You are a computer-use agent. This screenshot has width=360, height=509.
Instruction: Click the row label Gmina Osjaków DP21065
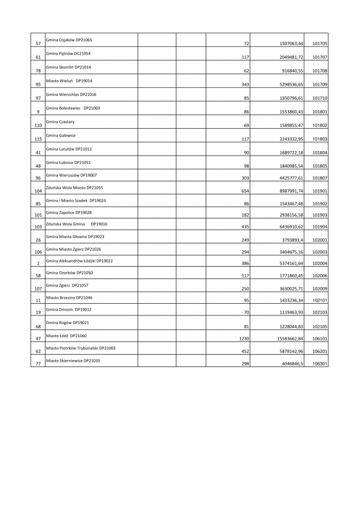[69, 40]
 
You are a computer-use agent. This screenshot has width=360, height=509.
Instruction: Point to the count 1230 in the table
[244, 338]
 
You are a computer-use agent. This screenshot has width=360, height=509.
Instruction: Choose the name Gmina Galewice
[61, 135]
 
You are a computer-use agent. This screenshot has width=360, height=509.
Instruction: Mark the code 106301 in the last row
[320, 364]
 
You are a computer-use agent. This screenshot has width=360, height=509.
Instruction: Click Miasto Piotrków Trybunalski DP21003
[81, 348]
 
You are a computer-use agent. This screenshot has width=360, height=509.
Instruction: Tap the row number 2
[38, 264]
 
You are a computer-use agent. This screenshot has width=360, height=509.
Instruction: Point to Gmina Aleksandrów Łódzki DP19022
[80, 260]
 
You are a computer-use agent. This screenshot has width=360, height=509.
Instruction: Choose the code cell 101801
[320, 112]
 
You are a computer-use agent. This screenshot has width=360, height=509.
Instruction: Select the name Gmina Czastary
[61, 122]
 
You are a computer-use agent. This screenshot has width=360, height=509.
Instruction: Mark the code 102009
[320, 289]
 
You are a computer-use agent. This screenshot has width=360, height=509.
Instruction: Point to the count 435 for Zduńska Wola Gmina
[245, 226]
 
